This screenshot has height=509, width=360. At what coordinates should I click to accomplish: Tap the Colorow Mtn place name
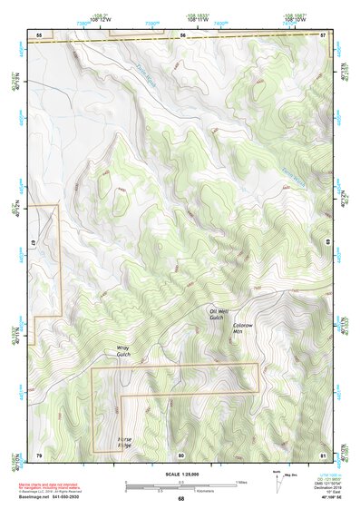tap(240, 328)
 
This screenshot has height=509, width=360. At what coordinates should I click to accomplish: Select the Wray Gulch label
tap(123, 350)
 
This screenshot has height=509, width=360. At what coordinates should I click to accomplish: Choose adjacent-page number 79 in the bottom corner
tap(38, 454)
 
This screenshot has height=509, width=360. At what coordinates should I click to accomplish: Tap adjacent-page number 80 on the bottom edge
tap(181, 454)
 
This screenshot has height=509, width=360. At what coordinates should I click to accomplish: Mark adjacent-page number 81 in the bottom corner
tap(323, 454)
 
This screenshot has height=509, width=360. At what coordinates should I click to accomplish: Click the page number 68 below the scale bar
tap(180, 498)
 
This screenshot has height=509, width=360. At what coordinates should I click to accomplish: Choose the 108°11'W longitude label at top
tap(194, 17)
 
